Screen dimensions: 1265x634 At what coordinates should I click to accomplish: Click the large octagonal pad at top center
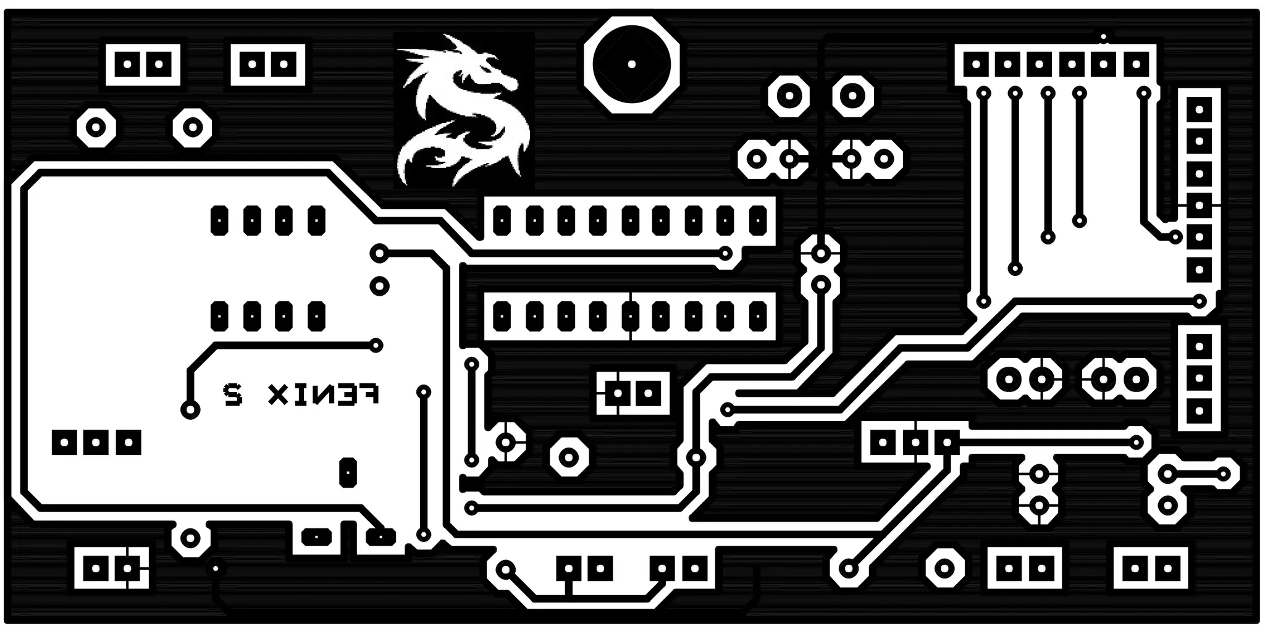click(631, 64)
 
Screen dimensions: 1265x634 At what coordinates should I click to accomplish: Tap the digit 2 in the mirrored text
click(232, 393)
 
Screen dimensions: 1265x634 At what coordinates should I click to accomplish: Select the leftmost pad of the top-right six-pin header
click(977, 64)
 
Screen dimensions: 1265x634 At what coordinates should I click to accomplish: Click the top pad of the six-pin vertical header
click(1199, 110)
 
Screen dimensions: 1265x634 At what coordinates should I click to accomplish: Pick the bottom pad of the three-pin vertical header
click(1199, 410)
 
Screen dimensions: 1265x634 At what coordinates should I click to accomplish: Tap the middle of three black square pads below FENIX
click(96, 442)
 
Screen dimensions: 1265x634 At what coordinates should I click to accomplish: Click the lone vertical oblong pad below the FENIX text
click(348, 472)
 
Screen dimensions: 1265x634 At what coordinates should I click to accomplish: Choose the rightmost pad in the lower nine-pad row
click(757, 316)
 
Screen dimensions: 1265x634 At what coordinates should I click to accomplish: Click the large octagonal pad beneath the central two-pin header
click(568, 457)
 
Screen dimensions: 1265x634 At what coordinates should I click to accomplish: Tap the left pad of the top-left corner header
click(128, 64)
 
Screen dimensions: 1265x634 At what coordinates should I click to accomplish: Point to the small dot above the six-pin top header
click(1104, 37)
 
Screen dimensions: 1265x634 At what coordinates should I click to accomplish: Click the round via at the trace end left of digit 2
click(190, 409)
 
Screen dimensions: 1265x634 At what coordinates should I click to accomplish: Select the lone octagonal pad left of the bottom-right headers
click(944, 567)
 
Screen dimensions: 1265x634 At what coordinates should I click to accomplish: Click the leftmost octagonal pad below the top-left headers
click(96, 128)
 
